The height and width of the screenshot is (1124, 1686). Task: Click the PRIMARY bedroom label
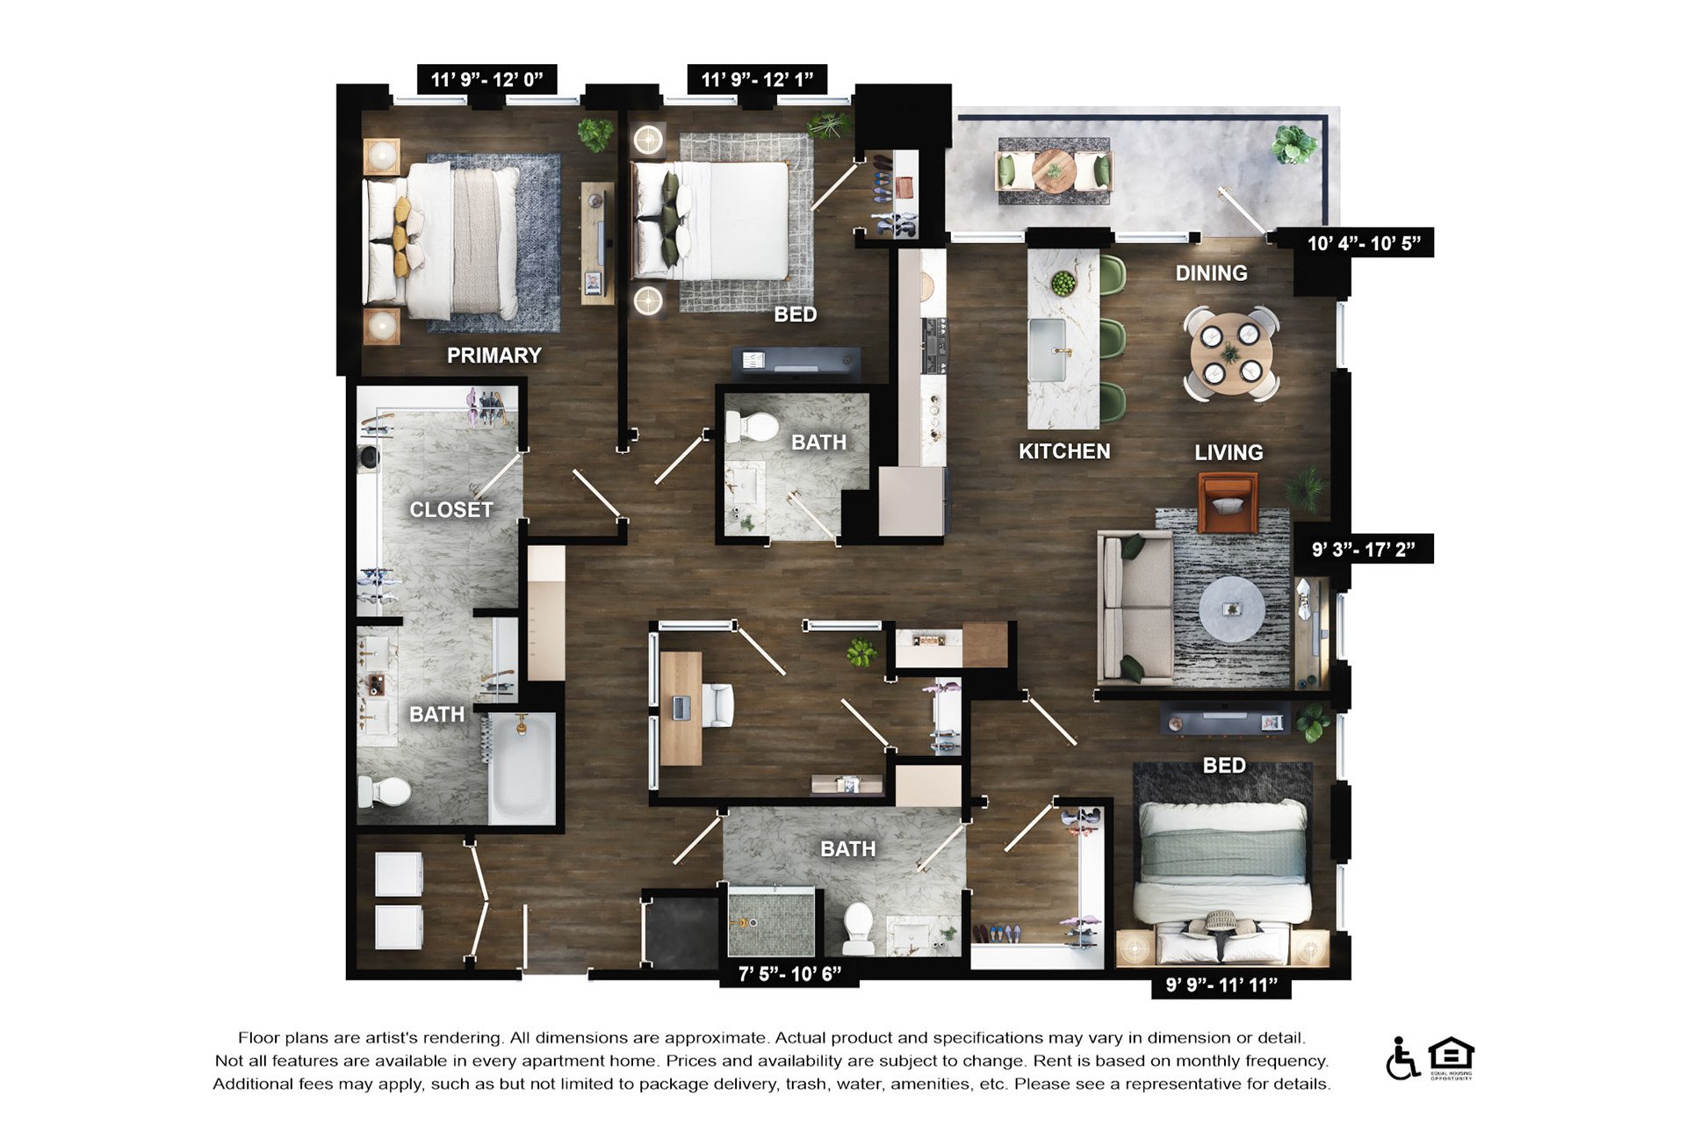(x=494, y=356)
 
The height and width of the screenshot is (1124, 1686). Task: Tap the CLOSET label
(x=450, y=510)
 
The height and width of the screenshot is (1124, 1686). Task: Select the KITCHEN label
(x=1064, y=451)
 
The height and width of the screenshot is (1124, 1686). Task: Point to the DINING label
(x=1211, y=273)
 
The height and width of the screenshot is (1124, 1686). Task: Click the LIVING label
(x=1228, y=452)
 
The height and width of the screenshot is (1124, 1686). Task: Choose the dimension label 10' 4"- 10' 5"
(x=1364, y=243)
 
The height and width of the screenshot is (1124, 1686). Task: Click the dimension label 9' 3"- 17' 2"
(x=1364, y=550)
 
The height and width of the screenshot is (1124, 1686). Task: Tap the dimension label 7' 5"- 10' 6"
(x=789, y=974)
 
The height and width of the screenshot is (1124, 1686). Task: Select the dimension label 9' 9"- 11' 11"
(x=1221, y=985)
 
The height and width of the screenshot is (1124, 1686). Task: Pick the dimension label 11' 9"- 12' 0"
(x=486, y=79)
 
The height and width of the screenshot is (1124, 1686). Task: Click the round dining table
(x=1230, y=355)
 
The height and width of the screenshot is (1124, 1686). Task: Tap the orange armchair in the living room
(x=1228, y=503)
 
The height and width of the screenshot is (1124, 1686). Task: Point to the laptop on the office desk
(x=681, y=707)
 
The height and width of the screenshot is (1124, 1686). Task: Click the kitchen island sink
(x=1047, y=349)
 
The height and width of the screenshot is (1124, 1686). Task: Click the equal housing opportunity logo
(x=1451, y=1058)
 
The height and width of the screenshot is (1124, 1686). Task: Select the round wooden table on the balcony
(x=1054, y=170)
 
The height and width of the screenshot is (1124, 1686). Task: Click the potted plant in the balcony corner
(x=1293, y=145)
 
